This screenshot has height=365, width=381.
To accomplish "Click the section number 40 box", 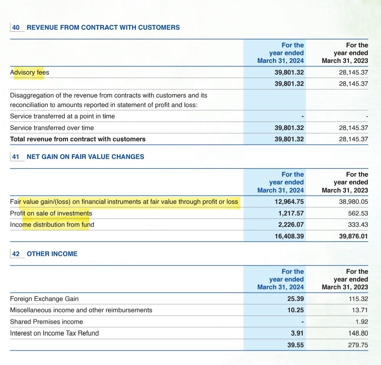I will [x=16, y=28].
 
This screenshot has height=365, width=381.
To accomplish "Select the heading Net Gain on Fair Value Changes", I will [x=85, y=157].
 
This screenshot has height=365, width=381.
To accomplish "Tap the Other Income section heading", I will [x=52, y=254].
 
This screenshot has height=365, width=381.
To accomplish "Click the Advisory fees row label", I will [x=30, y=72].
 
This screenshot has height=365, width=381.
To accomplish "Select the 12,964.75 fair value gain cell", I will [x=289, y=202].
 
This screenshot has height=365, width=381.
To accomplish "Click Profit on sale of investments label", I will [x=51, y=213].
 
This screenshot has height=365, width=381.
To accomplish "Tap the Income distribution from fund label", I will [x=52, y=225].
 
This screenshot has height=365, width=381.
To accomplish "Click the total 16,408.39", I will [x=289, y=236].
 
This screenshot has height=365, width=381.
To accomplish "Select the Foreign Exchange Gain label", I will [x=44, y=299].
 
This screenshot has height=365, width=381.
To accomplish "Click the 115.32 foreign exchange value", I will [x=358, y=299].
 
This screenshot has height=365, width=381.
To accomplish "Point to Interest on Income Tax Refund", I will [x=54, y=333].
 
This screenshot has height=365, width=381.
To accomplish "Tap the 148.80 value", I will [x=358, y=333].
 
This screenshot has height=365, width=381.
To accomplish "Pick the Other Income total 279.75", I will [x=358, y=345].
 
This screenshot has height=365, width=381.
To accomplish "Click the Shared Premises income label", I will [x=46, y=322].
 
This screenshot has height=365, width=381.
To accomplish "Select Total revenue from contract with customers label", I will [x=78, y=139].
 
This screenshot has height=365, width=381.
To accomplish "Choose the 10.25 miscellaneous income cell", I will [x=295, y=310].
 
